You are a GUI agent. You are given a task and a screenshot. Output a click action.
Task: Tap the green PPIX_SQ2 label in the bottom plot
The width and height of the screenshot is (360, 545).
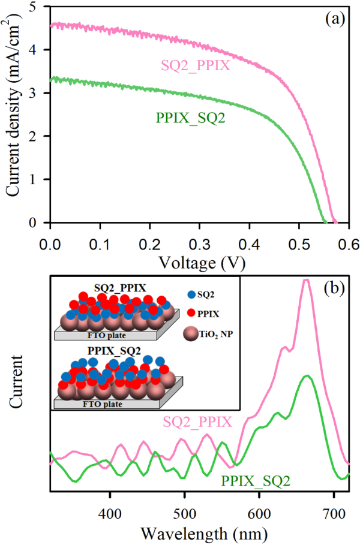pyautogui.click(x=255, y=480)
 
